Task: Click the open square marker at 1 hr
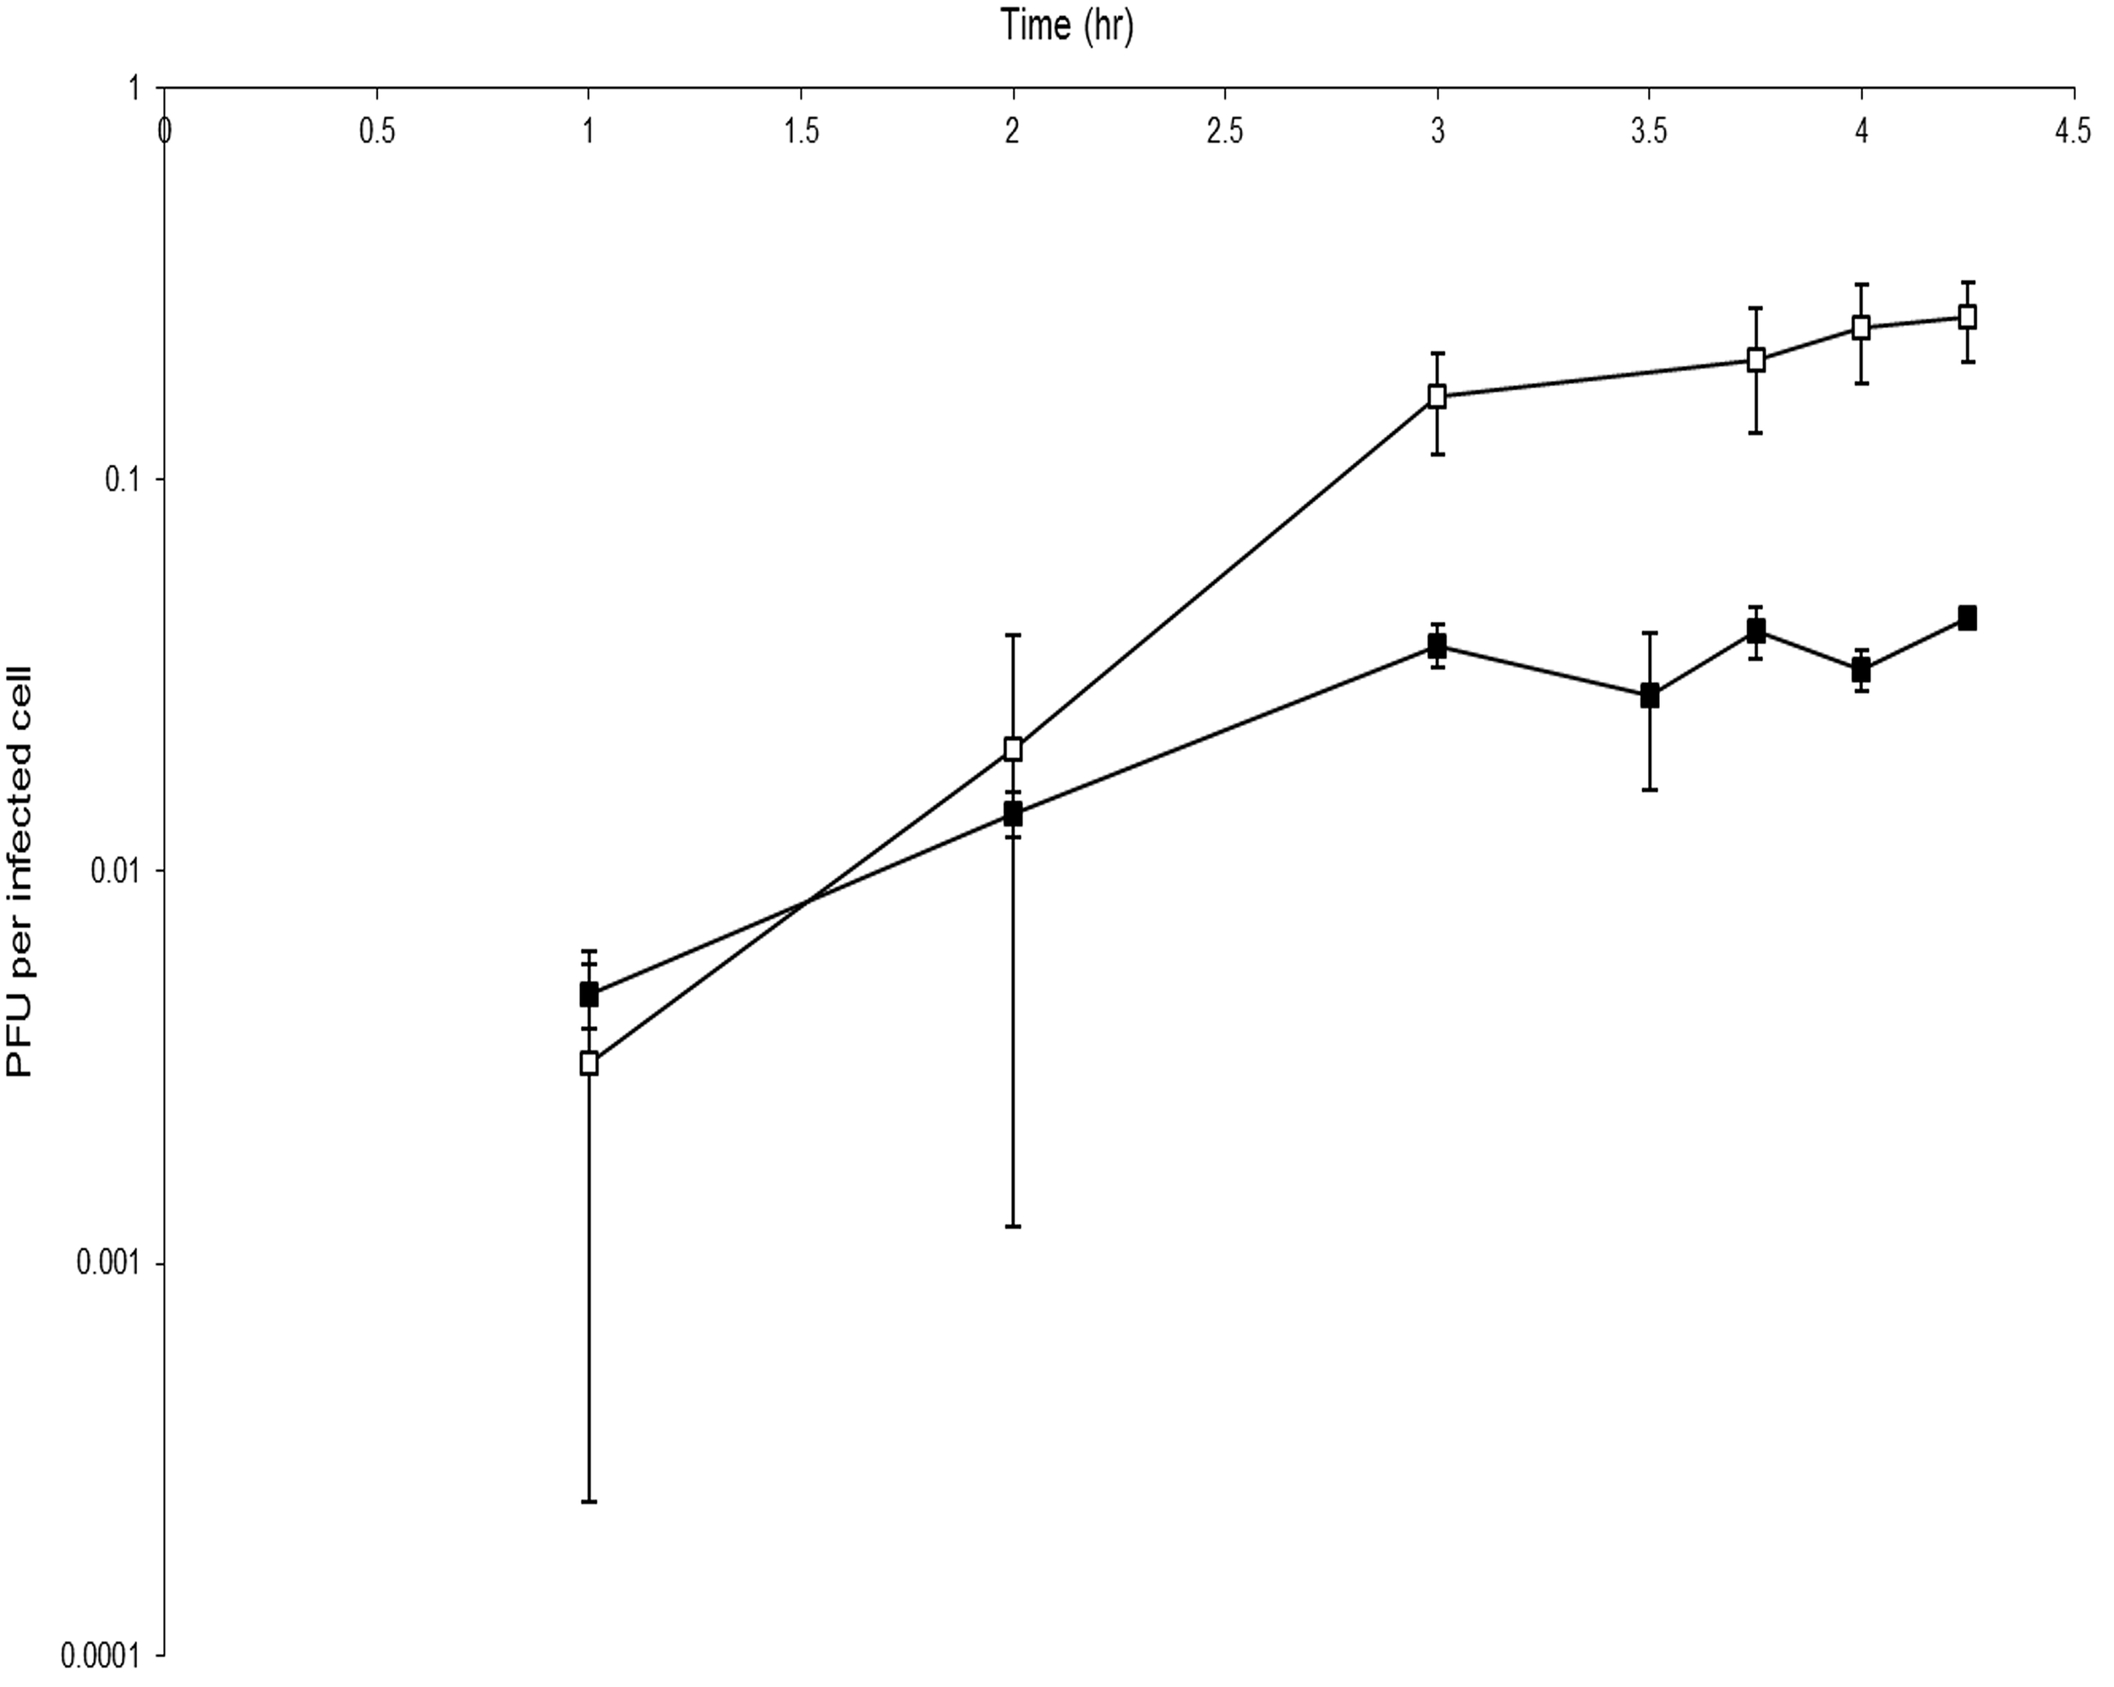click(x=589, y=1062)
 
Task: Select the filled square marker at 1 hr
click(x=589, y=995)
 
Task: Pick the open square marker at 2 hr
click(x=1013, y=750)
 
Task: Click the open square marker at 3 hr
click(x=1438, y=397)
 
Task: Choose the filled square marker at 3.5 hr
click(x=1649, y=696)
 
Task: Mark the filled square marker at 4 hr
click(x=1861, y=671)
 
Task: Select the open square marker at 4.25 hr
click(x=1967, y=317)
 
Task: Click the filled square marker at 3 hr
click(x=1438, y=646)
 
